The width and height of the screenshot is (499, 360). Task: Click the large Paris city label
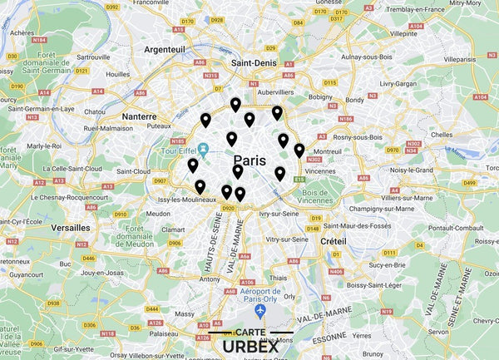249,160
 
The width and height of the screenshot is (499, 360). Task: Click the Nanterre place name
140,117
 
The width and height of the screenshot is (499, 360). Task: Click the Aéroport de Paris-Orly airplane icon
260,310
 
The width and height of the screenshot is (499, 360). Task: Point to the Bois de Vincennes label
321,197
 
